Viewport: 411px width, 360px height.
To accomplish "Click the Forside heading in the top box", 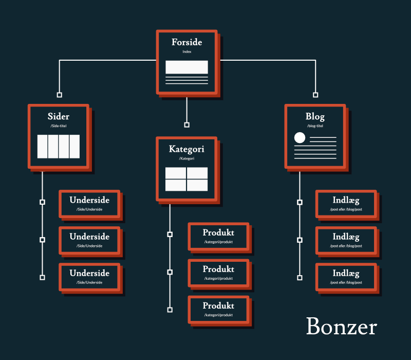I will pos(186,42).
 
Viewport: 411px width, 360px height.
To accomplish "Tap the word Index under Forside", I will pos(186,52).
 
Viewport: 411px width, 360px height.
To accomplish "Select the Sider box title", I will pos(59,117).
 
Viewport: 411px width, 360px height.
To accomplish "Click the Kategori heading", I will pos(186,149).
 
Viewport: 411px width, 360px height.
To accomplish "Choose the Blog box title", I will pos(315,117).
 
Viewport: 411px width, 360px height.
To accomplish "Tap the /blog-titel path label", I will pos(315,126).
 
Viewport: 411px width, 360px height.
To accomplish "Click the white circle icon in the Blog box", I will pos(300,138).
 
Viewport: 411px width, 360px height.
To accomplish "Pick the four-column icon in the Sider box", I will pos(59,147).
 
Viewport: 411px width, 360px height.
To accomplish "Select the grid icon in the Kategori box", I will pos(186,179).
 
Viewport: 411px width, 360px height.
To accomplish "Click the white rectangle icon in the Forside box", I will pos(186,67).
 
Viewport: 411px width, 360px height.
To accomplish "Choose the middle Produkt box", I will pos(218,273).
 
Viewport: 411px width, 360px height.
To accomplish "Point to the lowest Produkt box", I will pos(218,310).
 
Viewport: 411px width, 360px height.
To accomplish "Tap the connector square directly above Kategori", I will pos(187,125).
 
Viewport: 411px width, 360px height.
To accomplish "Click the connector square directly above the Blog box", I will pos(315,95).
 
